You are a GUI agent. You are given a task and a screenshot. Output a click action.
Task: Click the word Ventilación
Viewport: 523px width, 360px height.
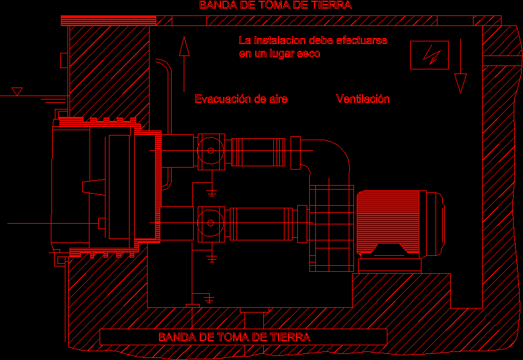pos(363,99)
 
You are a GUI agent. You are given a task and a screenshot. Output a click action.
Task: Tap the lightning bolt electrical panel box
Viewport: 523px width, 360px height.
pos(429,55)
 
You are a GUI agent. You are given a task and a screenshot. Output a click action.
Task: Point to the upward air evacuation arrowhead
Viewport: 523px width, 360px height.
pos(184,46)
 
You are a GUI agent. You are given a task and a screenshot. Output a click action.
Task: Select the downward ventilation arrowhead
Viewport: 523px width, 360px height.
pos(460,83)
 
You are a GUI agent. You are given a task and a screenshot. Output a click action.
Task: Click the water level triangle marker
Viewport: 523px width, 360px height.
pos(17,92)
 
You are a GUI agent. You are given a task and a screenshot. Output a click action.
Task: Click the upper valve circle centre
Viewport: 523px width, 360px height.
pos(210,150)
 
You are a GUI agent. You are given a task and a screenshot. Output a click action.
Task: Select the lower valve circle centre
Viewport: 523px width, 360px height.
pos(210,223)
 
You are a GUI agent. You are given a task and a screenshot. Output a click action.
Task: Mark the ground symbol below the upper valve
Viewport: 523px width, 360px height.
pos(212,192)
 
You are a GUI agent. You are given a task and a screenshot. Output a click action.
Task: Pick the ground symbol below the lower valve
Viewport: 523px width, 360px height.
pos(212,258)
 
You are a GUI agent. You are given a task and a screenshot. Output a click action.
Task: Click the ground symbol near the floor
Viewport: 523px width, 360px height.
pos(209,299)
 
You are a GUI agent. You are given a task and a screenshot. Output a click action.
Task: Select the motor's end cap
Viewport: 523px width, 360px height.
pos(435,223)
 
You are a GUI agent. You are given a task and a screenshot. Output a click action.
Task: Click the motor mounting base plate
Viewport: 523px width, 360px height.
pos(389,266)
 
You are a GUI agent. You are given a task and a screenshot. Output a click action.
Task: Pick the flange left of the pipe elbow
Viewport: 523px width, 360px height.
pos(295,153)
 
